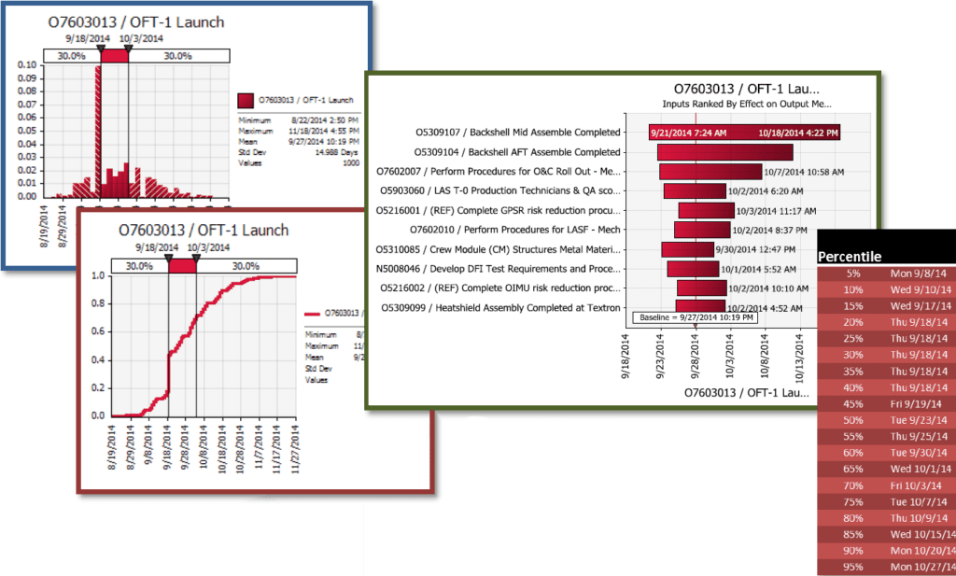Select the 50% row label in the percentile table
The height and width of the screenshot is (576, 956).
pyautogui.click(x=853, y=419)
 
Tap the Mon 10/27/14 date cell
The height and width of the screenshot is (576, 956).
pyautogui.click(x=921, y=567)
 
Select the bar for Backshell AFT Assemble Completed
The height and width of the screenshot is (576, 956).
pyautogui.click(x=724, y=152)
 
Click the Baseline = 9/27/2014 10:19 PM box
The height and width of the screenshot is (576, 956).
pyautogui.click(x=694, y=317)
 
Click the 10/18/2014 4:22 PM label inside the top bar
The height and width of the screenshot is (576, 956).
pyautogui.click(x=798, y=133)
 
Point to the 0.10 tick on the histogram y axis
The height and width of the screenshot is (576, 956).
pyautogui.click(x=28, y=65)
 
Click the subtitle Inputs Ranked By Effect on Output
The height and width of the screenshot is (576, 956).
pyautogui.click(x=746, y=104)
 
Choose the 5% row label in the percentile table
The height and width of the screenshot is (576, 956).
pyautogui.click(x=853, y=274)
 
